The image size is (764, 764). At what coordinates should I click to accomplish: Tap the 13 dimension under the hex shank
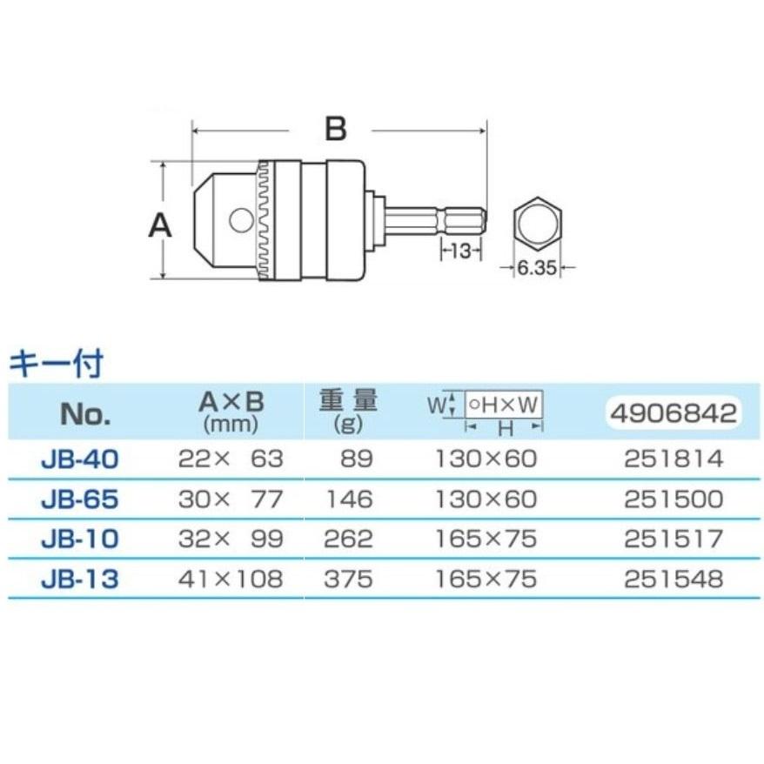click(461, 251)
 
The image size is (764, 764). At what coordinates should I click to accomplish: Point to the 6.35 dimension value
click(537, 269)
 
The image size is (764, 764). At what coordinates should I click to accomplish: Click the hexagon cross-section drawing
click(537, 224)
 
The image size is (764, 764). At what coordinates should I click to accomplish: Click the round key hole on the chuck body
click(240, 220)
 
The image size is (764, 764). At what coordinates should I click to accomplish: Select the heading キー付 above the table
click(55, 364)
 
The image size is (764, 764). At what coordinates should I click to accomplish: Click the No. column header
click(85, 413)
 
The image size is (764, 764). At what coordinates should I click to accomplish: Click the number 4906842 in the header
click(674, 412)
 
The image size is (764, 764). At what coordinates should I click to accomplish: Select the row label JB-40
click(80, 459)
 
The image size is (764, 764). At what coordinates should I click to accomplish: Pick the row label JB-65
click(80, 499)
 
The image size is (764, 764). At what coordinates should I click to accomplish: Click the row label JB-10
click(80, 539)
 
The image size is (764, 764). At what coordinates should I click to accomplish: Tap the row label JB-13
click(80, 579)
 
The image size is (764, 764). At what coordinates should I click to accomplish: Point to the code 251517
click(674, 539)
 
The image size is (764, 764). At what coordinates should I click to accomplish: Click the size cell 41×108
click(231, 579)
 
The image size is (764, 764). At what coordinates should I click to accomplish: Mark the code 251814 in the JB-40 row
click(674, 459)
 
